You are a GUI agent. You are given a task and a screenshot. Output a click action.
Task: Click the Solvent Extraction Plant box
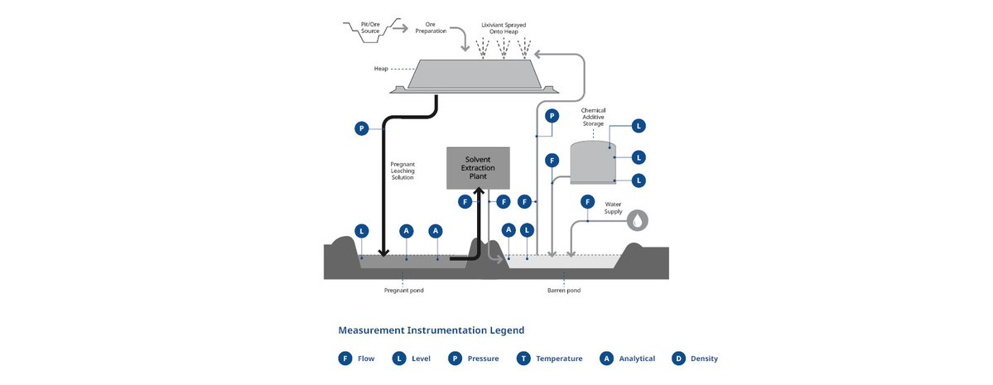[478, 167]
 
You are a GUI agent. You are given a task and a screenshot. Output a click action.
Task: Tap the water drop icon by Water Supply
[638, 220]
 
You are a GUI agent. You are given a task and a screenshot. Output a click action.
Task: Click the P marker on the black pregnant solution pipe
[361, 128]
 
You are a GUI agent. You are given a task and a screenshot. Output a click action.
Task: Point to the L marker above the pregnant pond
[361, 230]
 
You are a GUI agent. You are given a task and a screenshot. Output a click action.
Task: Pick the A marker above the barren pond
[509, 230]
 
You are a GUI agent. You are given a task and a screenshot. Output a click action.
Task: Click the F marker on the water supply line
[587, 201]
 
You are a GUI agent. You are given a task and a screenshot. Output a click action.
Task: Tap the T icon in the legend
[523, 359]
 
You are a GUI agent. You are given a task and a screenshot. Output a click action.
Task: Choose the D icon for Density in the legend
[678, 359]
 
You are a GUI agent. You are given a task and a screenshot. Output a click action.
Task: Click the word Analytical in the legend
[637, 359]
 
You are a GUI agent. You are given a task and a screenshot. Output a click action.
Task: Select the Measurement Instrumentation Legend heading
[431, 330]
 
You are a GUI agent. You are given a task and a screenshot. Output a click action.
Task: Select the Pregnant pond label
[404, 291]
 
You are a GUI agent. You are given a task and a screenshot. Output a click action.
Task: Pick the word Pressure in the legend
[484, 359]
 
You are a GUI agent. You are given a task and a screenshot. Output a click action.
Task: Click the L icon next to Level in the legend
[399, 359]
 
